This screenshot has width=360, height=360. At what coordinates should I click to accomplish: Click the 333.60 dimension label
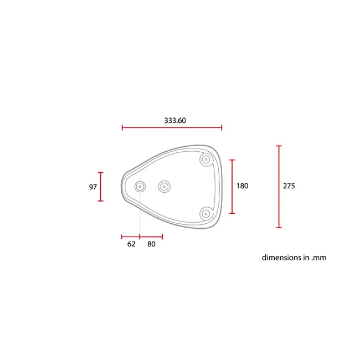(x=175, y=121)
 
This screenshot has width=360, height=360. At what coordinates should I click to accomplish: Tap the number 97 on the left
(x=92, y=187)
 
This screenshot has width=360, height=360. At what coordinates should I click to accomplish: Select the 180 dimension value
(x=242, y=186)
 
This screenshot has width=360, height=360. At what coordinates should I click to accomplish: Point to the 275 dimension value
(x=289, y=186)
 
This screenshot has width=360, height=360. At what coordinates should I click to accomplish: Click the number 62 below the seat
(x=131, y=244)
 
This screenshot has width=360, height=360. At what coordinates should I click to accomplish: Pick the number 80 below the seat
(x=151, y=244)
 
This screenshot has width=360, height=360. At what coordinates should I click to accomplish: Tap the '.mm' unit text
(x=318, y=258)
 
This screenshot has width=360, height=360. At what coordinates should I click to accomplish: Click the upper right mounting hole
(x=206, y=160)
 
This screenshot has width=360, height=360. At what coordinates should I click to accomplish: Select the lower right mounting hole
(x=206, y=214)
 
